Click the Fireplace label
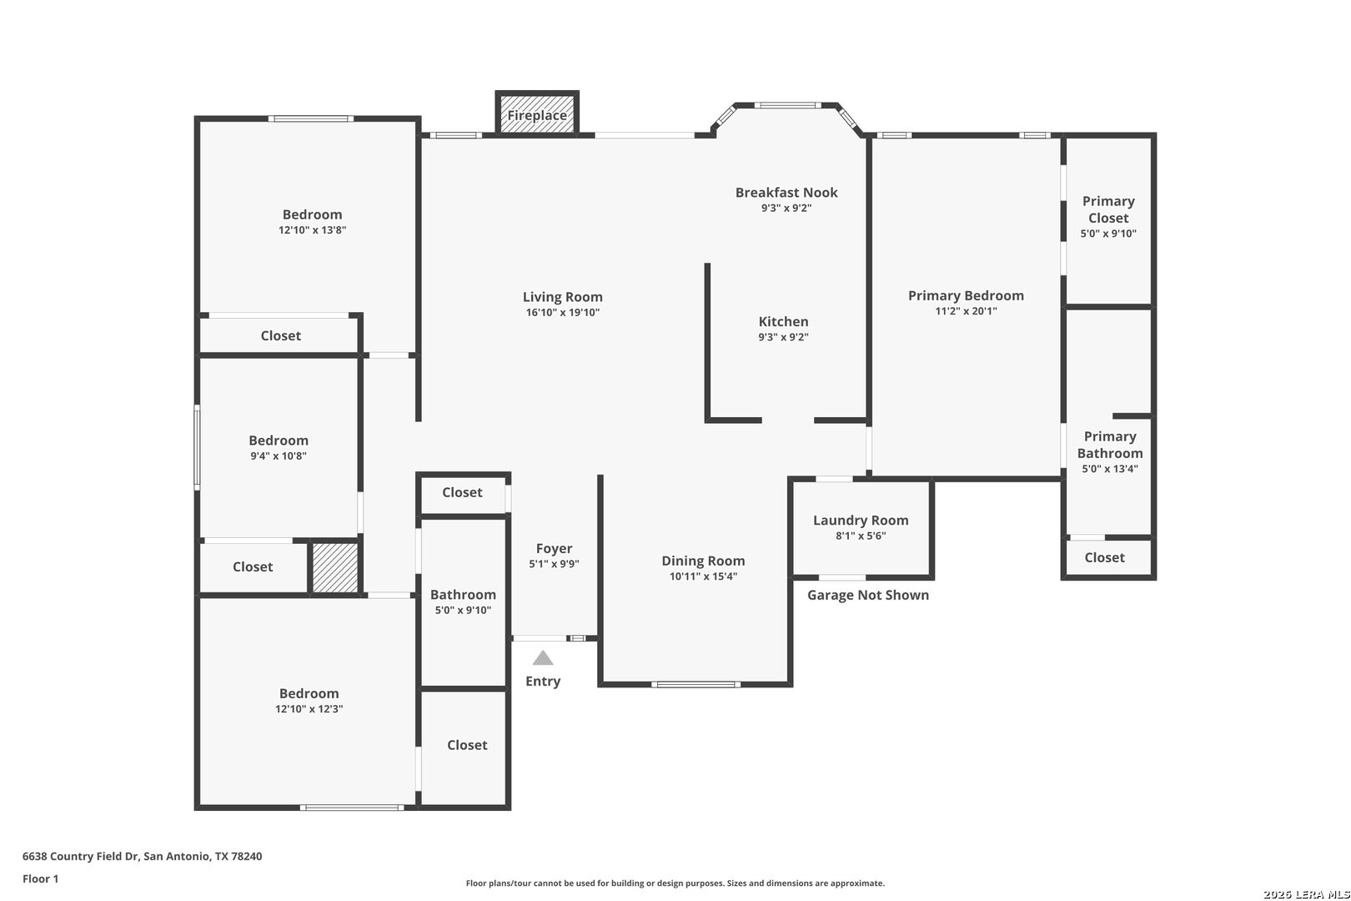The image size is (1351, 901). [537, 115]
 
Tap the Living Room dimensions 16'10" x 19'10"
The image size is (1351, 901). [563, 313]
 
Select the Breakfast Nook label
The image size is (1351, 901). [786, 193]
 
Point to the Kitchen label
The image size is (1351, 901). [783, 322]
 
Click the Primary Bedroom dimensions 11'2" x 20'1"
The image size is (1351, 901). [966, 311]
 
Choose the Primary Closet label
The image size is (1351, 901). [1108, 209]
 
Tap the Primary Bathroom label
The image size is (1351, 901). [1110, 445]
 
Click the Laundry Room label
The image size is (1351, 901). [861, 521]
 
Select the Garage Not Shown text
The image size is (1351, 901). [868, 595]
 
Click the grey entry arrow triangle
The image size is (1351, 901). [543, 658]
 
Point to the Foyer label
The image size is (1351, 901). [555, 549]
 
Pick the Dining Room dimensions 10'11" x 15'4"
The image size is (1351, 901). [703, 576]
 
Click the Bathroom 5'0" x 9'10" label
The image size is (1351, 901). [463, 602]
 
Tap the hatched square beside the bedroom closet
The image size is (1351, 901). [334, 568]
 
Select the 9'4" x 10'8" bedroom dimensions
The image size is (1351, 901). [279, 456]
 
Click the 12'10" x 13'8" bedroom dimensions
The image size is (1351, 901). [313, 230]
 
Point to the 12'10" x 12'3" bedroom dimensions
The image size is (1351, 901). [309, 709]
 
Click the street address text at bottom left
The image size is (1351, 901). [143, 856]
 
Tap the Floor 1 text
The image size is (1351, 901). [40, 878]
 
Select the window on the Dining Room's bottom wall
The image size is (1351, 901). [696, 684]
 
